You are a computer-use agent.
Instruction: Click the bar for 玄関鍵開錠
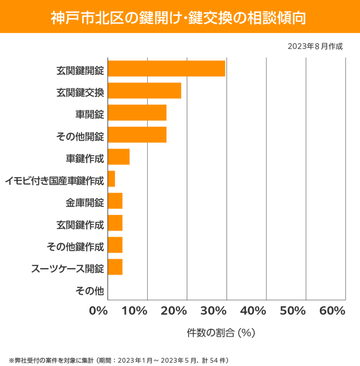pos(167,68)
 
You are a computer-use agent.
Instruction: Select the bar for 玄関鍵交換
pos(144,91)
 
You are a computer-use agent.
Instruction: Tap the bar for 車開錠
pos(137,112)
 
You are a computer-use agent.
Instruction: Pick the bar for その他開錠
pos(137,135)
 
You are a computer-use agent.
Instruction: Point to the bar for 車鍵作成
pos(119,157)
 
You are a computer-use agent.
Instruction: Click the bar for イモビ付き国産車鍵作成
pos(112,179)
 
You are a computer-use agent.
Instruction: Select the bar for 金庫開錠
pos(115,201)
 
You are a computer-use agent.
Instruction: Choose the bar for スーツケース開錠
pos(115,267)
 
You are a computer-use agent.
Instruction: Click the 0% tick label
pos(99,311)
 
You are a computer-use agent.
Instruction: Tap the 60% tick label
pos(332,311)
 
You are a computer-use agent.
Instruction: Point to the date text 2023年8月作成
pos(315,46)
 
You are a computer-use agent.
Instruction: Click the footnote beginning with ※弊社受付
pos(118,360)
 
